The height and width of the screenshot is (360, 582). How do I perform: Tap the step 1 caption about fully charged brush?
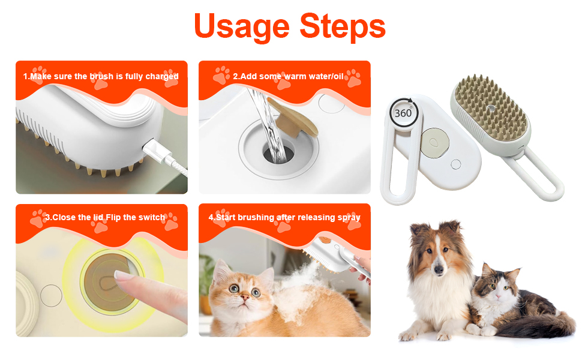[x=101, y=77]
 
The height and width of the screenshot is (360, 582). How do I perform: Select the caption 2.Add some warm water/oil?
[x=284, y=77]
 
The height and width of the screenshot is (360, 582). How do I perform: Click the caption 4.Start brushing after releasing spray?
[x=284, y=217]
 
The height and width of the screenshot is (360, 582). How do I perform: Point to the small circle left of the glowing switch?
[x=51, y=295]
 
